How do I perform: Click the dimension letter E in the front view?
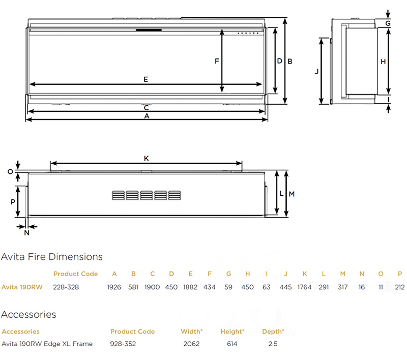tap(146, 79)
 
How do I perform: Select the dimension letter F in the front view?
tap(217, 61)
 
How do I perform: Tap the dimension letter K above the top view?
tap(146, 159)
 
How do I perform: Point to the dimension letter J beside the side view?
tap(316, 72)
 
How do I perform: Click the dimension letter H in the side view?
tap(383, 61)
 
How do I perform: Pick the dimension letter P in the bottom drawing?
tap(13, 201)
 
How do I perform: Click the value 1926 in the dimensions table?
tap(114, 287)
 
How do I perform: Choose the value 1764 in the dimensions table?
tap(304, 287)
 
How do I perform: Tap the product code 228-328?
tap(66, 287)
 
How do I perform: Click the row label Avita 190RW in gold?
tap(21, 287)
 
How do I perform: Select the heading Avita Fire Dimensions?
tap(52, 257)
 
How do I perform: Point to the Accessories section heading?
tap(28, 315)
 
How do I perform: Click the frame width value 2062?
tap(191, 344)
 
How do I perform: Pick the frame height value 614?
tap(232, 344)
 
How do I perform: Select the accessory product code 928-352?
tap(123, 344)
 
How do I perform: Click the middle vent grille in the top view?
tap(146, 195)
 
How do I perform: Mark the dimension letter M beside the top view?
tap(292, 194)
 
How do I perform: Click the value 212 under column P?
tap(400, 287)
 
